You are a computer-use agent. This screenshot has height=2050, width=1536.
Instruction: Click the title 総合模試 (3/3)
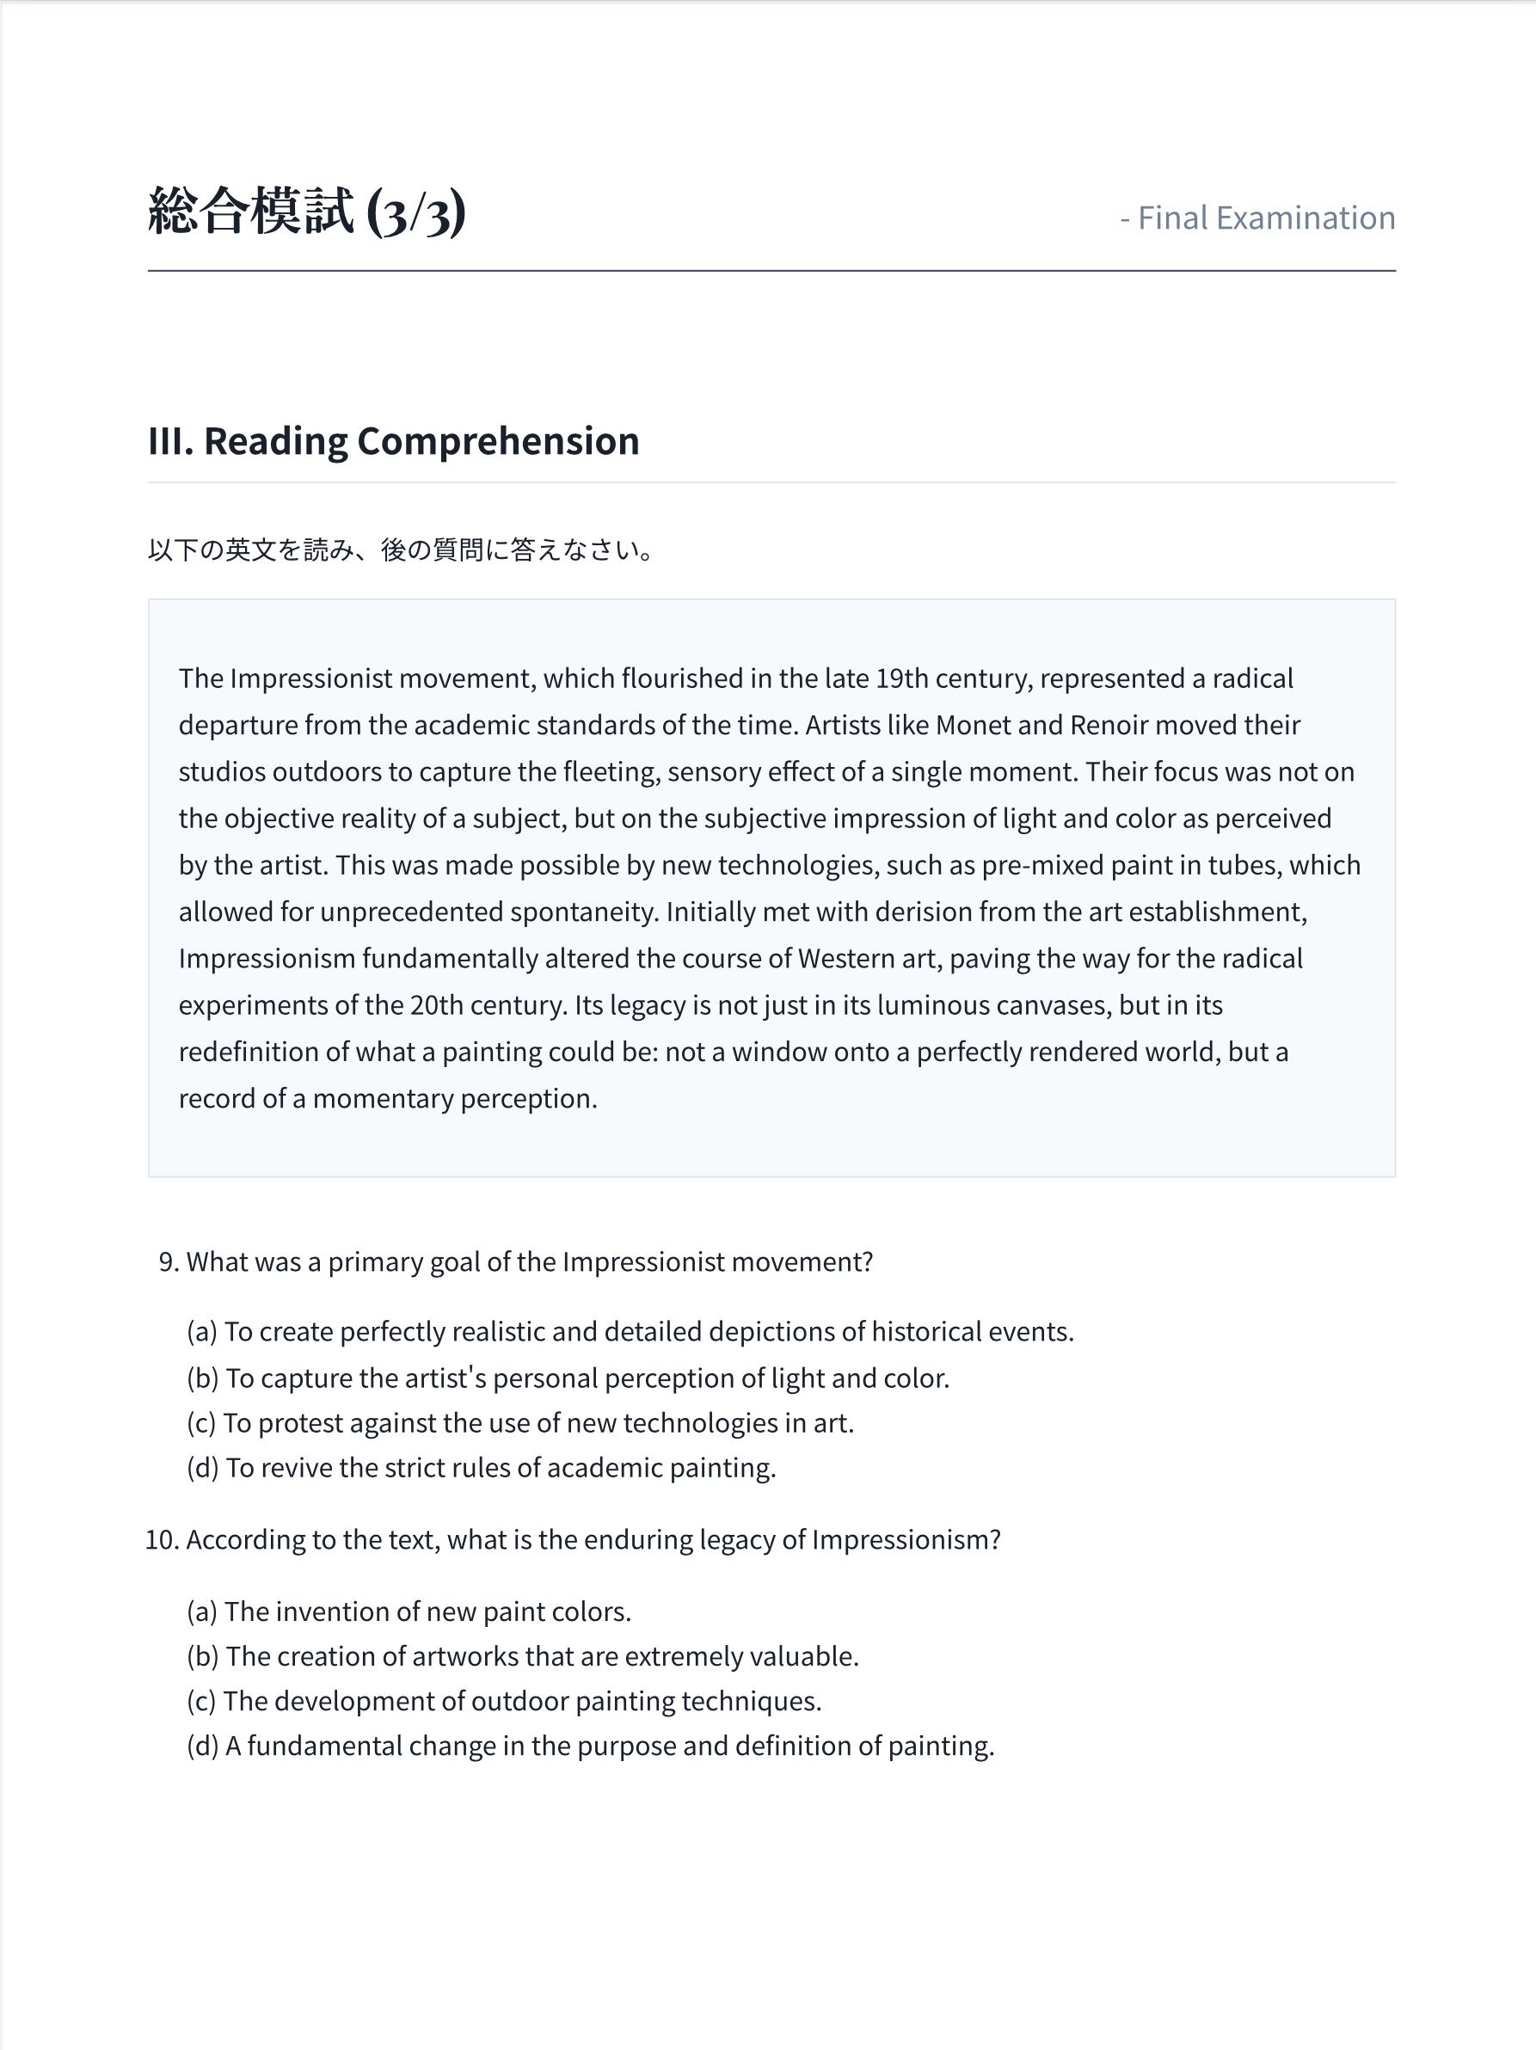coord(306,212)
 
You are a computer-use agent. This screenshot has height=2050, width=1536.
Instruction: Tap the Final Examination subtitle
coord(1257,218)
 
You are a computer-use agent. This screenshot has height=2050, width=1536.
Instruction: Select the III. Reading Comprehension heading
coord(393,441)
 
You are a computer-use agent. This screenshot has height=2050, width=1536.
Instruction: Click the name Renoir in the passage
coord(1108,725)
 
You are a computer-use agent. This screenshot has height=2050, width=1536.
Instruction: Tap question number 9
coord(168,1262)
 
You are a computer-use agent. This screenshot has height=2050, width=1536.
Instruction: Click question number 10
coord(162,1539)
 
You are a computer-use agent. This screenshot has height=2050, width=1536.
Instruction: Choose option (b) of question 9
coord(568,1378)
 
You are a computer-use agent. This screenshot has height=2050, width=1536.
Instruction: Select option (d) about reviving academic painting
coord(481,1468)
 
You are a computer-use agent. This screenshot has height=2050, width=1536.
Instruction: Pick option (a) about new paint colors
coord(409,1611)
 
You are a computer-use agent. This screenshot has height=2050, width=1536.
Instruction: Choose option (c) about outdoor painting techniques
coord(504,1702)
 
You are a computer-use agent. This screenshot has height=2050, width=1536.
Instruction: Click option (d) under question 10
coord(590,1746)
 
